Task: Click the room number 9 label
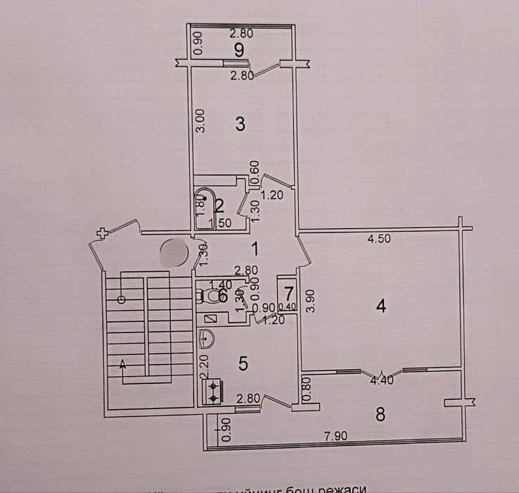point(239,49)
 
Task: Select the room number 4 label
point(380,306)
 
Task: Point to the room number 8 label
point(380,414)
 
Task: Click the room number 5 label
point(243,363)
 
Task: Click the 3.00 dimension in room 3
point(200,120)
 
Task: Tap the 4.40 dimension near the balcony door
point(380,381)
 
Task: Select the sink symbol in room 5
point(207,340)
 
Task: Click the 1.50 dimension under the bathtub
point(222,223)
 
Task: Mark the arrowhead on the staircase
point(124,364)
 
